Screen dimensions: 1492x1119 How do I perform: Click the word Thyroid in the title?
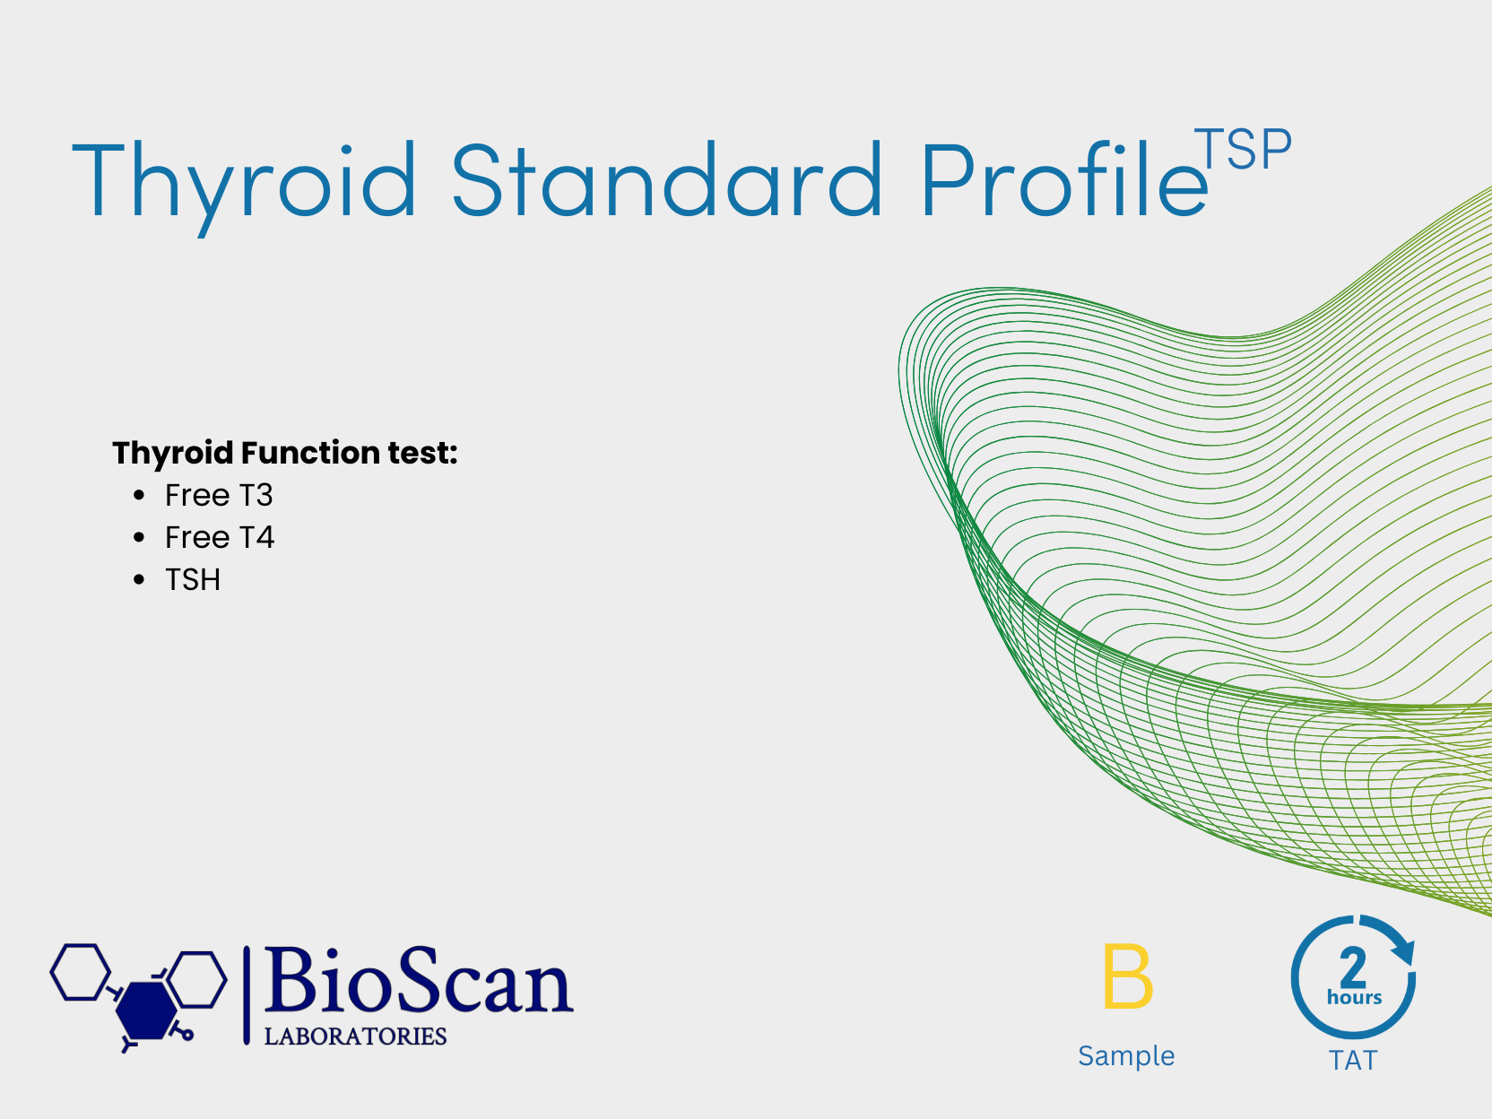click(x=244, y=184)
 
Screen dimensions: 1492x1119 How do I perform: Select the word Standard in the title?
click(x=666, y=179)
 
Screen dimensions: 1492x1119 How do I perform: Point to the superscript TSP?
click(x=1243, y=149)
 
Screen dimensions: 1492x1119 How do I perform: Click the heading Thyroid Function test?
click(x=285, y=453)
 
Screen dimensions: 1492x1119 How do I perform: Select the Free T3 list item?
click(x=219, y=495)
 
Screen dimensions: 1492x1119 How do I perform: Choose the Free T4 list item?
click(x=220, y=537)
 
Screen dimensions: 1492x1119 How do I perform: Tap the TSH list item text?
click(x=193, y=580)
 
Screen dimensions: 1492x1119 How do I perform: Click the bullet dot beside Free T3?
click(x=139, y=495)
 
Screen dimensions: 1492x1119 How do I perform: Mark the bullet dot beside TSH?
click(x=139, y=579)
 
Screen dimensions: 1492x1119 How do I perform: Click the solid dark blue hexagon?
click(x=146, y=1011)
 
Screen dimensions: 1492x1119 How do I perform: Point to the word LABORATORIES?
click(x=355, y=1037)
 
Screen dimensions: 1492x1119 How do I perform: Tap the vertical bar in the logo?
click(x=247, y=995)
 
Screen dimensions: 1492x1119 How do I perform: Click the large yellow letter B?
click(x=1128, y=976)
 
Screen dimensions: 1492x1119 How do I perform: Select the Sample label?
click(x=1126, y=1056)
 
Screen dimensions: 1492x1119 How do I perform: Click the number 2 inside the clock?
click(x=1353, y=967)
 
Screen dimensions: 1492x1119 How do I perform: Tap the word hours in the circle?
click(x=1355, y=997)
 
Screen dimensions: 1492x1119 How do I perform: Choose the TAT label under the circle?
click(x=1353, y=1061)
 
